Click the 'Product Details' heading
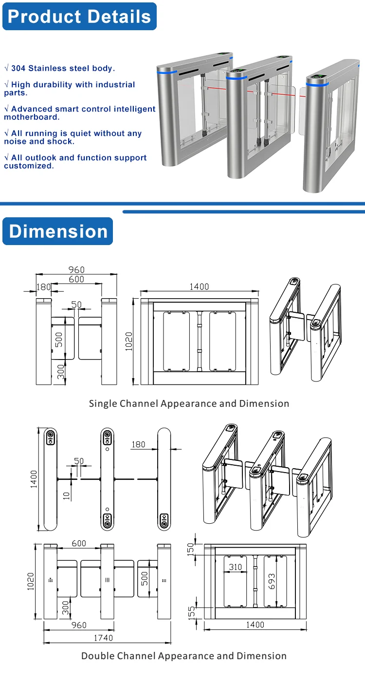click(x=79, y=17)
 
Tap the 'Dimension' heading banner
click(x=58, y=231)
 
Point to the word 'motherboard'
click(x=31, y=117)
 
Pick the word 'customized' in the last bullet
click(x=28, y=166)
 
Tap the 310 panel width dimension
click(x=236, y=567)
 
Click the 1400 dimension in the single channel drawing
click(x=199, y=287)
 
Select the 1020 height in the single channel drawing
click(x=129, y=343)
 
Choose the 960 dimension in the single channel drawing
click(x=76, y=269)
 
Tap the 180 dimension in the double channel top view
click(x=138, y=444)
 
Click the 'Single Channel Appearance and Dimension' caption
click(x=189, y=403)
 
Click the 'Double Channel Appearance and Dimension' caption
click(x=183, y=656)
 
